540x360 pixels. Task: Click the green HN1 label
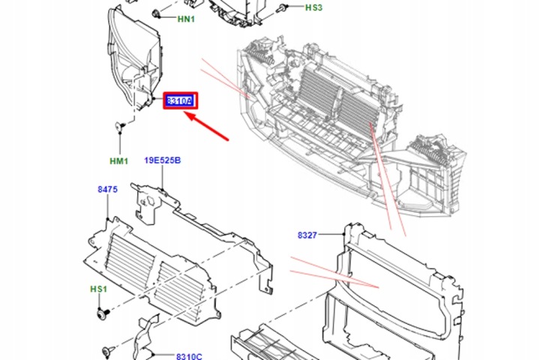click(x=186, y=19)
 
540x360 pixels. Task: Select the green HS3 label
click(x=313, y=7)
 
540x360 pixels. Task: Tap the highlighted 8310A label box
click(x=181, y=100)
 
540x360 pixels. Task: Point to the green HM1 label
click(x=118, y=161)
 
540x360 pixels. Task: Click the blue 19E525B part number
click(x=162, y=160)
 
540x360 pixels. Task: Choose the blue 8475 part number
click(x=107, y=189)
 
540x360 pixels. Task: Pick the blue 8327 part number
click(x=307, y=235)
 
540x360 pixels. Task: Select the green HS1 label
click(x=98, y=289)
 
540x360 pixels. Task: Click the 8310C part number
click(x=189, y=356)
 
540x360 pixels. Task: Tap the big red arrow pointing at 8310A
click(x=207, y=126)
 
